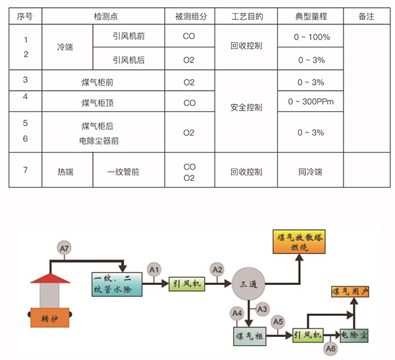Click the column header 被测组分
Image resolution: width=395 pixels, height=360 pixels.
pyautogui.click(x=189, y=15)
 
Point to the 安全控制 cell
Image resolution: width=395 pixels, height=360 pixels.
pyautogui.click(x=246, y=107)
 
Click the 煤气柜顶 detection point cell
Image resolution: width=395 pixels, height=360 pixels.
pyautogui.click(x=101, y=103)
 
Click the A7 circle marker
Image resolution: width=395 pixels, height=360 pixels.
pyautogui.click(x=64, y=249)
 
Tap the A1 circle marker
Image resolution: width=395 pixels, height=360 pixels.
pyautogui.click(x=154, y=269)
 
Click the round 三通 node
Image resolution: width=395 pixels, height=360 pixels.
pyautogui.click(x=247, y=284)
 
